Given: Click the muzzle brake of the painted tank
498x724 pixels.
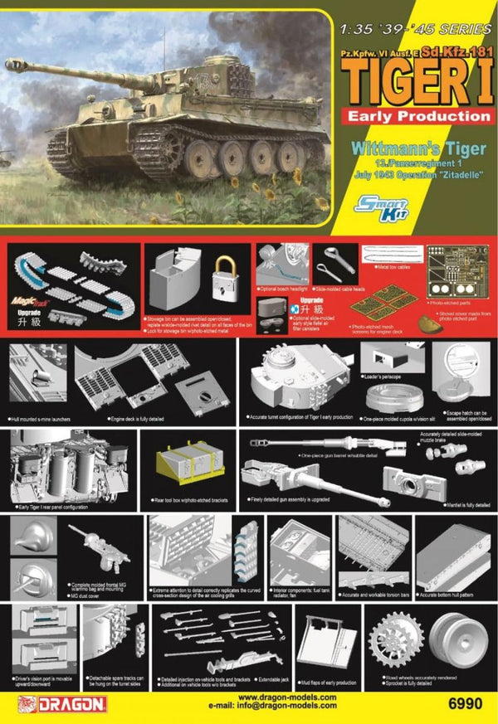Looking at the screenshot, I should click(x=11, y=64).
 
